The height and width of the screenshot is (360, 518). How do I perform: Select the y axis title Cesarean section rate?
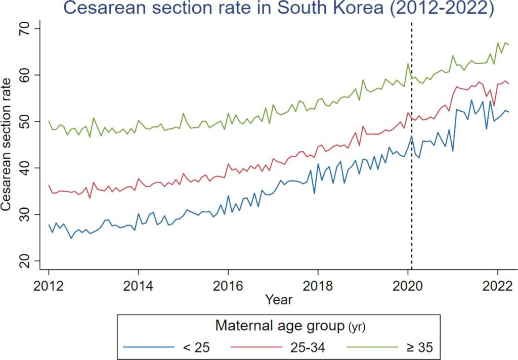tap(8, 145)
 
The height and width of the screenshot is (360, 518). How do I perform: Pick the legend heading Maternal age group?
tap(277, 326)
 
